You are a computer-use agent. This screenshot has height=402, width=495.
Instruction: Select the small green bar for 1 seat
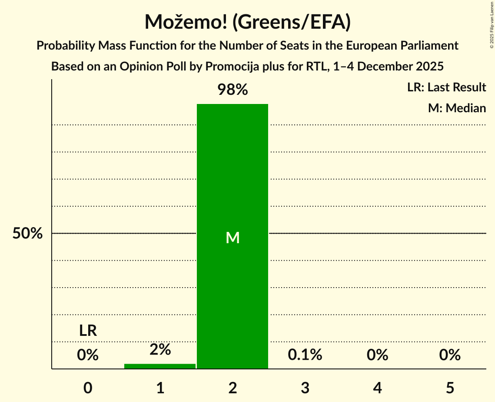[160, 366]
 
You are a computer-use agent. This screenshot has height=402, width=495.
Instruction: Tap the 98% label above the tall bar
[233, 90]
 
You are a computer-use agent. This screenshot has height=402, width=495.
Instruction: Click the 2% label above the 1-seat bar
[160, 349]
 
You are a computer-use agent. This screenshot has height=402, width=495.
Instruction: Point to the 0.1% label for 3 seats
[305, 355]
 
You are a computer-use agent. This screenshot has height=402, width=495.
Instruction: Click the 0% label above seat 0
[88, 355]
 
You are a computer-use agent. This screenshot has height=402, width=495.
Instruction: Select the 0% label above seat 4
[377, 355]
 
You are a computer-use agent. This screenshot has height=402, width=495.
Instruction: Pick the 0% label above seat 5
[450, 355]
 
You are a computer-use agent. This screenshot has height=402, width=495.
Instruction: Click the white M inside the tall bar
[233, 238]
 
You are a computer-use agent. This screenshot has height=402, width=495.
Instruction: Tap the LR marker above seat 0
[88, 331]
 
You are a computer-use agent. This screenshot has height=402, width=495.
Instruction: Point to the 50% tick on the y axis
[27, 234]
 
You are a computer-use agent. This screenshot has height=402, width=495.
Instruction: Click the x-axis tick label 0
[88, 388]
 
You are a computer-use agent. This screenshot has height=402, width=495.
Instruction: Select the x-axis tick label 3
[305, 388]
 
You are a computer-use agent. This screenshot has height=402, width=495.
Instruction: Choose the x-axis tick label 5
[450, 388]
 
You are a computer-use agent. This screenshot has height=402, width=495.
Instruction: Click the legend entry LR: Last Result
[446, 87]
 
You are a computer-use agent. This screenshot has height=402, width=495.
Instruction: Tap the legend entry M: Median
[457, 108]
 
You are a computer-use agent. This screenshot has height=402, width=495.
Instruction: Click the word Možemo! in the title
[182, 22]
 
